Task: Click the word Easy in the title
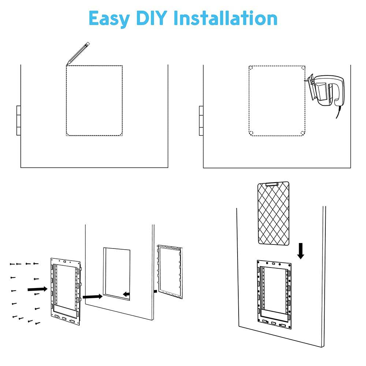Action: coord(109,18)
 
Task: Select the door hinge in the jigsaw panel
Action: coord(201,121)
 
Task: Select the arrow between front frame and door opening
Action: coord(92,296)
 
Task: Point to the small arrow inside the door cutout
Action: coord(126,294)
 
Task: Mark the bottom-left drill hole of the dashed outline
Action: coord(251,132)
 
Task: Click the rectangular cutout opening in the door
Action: coord(116,273)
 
